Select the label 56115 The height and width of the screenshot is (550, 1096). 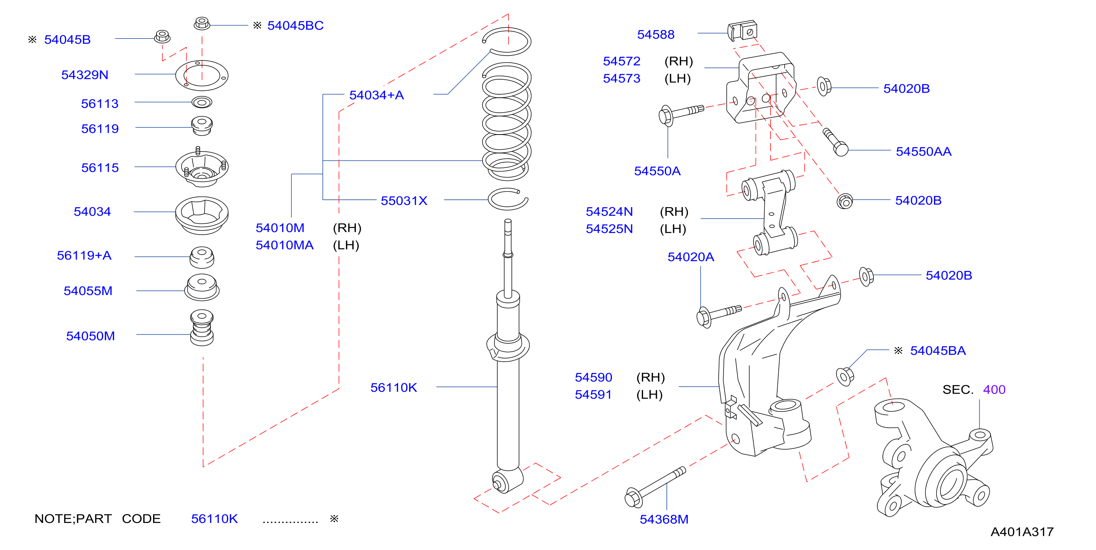tap(100, 168)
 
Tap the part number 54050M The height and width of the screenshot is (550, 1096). tap(91, 336)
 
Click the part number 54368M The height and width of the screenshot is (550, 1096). tap(664, 519)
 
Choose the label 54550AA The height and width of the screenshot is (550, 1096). tap(924, 152)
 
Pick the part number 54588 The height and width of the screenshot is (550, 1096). tap(656, 34)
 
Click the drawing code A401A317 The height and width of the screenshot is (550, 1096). tap(1022, 532)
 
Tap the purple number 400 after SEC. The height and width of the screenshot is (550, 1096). tap(994, 390)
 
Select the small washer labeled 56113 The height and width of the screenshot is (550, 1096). tap(202, 102)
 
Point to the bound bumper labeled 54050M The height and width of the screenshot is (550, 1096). tap(202, 328)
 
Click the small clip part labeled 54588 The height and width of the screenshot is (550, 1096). tap(742, 31)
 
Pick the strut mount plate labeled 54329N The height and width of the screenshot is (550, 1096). tap(202, 75)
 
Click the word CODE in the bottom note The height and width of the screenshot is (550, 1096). tap(141, 519)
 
